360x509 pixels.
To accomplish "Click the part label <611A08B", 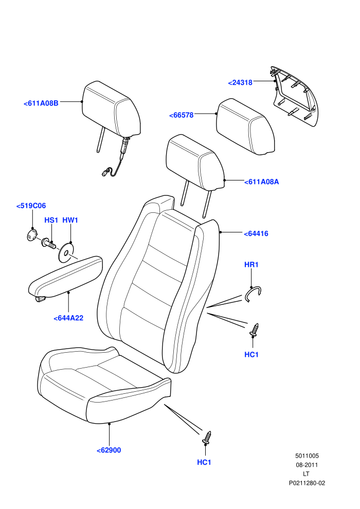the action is click(41, 103).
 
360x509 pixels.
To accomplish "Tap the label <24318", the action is click(240, 82).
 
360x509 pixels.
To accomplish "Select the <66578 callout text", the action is click(182, 115).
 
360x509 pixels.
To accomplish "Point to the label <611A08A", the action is click(262, 181).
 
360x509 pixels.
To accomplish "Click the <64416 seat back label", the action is click(256, 233).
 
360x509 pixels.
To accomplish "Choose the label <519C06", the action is click(31, 206).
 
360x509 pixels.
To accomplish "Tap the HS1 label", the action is click(51, 220).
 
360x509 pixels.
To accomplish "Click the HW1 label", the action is click(70, 220).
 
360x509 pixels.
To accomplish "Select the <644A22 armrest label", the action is click(68, 318).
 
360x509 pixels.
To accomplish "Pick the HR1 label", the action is click(251, 265).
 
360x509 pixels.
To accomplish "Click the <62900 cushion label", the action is click(109, 450).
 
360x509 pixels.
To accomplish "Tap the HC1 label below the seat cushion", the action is click(204, 462).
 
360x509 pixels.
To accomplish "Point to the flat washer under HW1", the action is click(66, 252).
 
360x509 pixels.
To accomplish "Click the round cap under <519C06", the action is click(31, 234).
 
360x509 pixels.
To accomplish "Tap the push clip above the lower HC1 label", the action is click(207, 438).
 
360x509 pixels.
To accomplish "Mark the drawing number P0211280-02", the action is click(307, 483).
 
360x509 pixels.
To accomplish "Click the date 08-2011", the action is click(307, 465).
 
